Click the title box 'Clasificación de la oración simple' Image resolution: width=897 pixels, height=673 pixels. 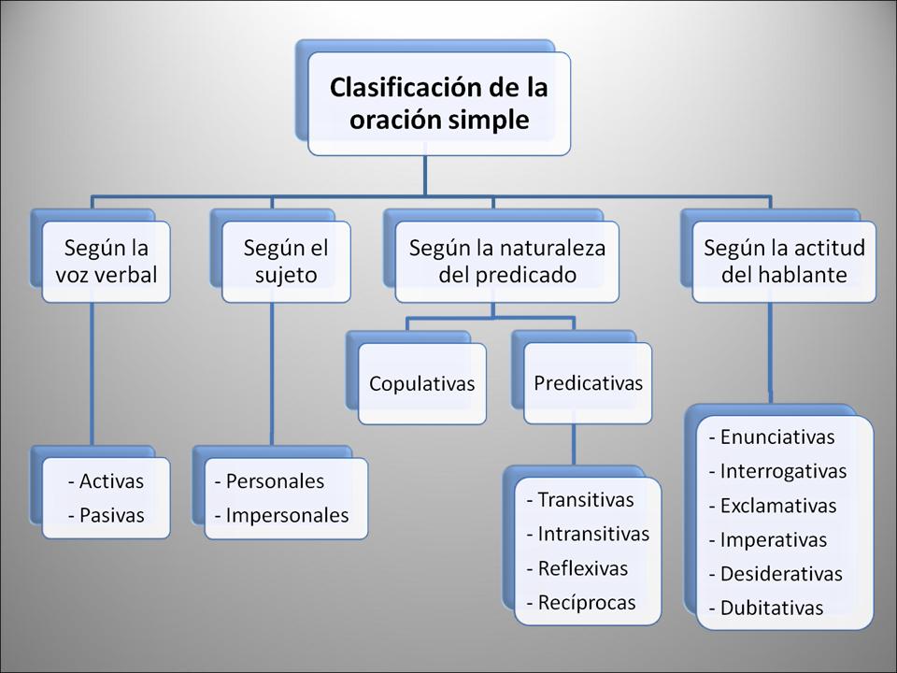(438, 104)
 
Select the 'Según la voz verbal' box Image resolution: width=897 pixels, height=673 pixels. (106, 262)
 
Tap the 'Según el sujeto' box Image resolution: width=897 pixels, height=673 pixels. (286, 262)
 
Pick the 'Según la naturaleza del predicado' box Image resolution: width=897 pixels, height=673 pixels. (506, 262)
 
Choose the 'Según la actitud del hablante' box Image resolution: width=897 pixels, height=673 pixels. (784, 262)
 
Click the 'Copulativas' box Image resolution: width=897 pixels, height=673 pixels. (421, 383)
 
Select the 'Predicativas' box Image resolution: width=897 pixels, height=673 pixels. (588, 382)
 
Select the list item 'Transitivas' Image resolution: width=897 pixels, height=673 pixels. (585, 500)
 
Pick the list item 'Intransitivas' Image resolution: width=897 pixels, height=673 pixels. (592, 534)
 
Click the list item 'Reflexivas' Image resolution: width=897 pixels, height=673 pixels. (582, 568)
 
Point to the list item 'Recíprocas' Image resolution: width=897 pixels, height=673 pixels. (586, 602)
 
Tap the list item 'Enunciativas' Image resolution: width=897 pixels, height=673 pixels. (776, 437)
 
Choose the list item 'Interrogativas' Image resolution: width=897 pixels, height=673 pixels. (782, 471)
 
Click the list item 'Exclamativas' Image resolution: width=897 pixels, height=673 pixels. (777, 506)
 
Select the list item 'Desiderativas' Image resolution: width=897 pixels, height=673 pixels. (780, 574)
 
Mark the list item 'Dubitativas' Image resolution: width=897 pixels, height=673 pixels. (771, 608)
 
